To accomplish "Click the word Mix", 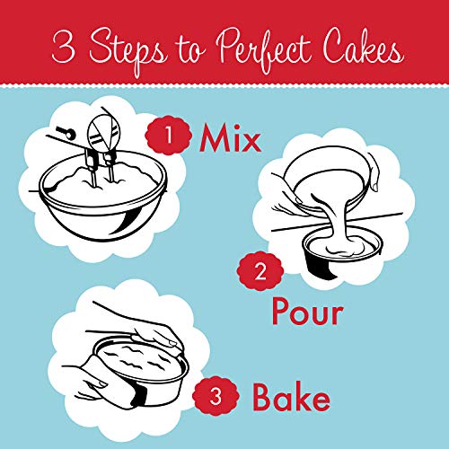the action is (230, 138).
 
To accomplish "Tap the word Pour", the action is (307, 312).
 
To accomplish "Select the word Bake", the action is (291, 397).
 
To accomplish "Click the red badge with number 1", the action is (169, 136).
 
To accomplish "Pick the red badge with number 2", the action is (260, 271).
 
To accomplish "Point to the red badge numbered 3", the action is (216, 397).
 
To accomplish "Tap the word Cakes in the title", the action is (363, 48).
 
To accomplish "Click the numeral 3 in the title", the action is (64, 48).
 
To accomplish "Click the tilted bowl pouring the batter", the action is (330, 173).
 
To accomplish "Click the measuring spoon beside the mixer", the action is (66, 132).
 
